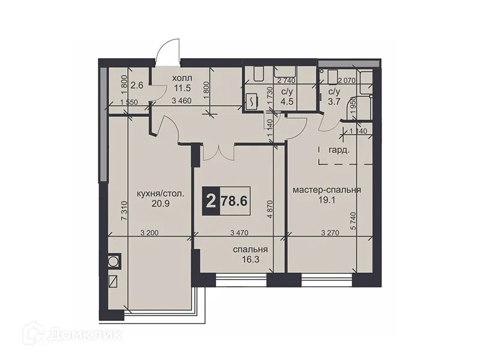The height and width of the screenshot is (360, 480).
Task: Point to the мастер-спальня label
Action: coord(326,190)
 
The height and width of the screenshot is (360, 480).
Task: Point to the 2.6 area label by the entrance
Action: coord(137,85)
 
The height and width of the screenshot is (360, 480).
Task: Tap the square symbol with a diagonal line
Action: coord(113,280)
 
